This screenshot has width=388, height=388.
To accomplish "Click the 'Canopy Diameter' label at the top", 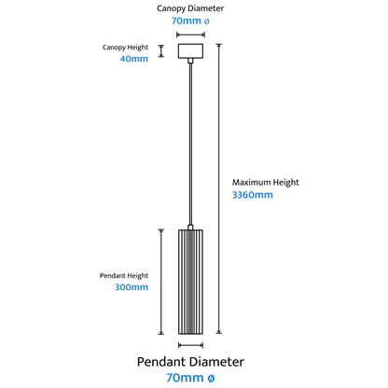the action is tap(190, 8).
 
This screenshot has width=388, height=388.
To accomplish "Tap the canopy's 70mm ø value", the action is tap(190, 21).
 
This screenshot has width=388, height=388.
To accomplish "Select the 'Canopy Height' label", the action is tap(125, 48).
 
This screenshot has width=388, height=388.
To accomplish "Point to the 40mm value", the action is tap(134, 59).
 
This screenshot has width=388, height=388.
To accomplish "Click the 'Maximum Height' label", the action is tap(266, 183).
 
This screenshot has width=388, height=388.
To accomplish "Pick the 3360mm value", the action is tap(253, 195).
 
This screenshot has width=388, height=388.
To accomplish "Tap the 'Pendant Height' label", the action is tap(124, 276).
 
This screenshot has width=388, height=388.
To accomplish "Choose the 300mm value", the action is tap(132, 287).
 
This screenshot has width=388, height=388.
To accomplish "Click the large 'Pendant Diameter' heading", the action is tap(190, 362).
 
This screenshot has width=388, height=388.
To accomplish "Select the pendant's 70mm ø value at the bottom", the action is tap(190, 378).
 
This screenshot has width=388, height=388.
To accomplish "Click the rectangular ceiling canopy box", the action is tap(190, 51).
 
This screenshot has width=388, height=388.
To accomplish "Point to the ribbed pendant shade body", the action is tap(190, 282).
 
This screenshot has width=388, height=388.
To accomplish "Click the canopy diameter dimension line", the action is tap(190, 35).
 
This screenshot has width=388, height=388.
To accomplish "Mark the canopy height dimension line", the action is tap(161, 51).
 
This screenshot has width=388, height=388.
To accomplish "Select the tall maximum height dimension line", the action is tap(219, 188).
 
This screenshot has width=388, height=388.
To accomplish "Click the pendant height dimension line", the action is tap(161, 282).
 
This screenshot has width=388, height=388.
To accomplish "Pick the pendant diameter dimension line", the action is tap(190, 345).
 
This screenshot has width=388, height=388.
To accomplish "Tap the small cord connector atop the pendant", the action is tap(190, 228).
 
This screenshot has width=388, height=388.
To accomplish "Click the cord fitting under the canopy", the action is tap(190, 61).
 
